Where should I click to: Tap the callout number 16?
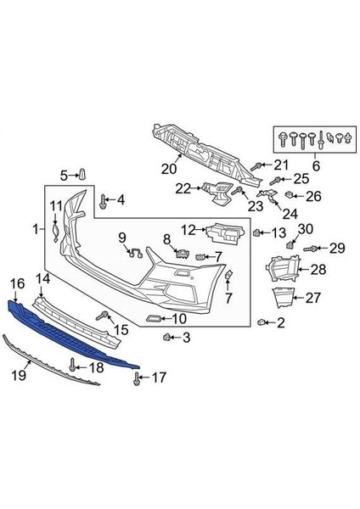pos(17,282)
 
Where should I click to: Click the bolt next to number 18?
pos(73,366)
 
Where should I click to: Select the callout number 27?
pos(313,297)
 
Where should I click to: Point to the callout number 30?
pos(305,229)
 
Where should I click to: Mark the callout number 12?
pos(188,228)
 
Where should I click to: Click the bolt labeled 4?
pos(104,202)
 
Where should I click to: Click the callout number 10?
pos(179,319)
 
